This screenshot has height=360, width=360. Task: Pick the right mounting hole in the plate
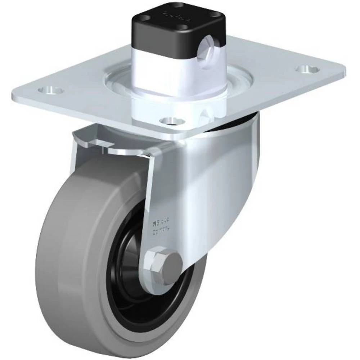coord(304,68)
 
